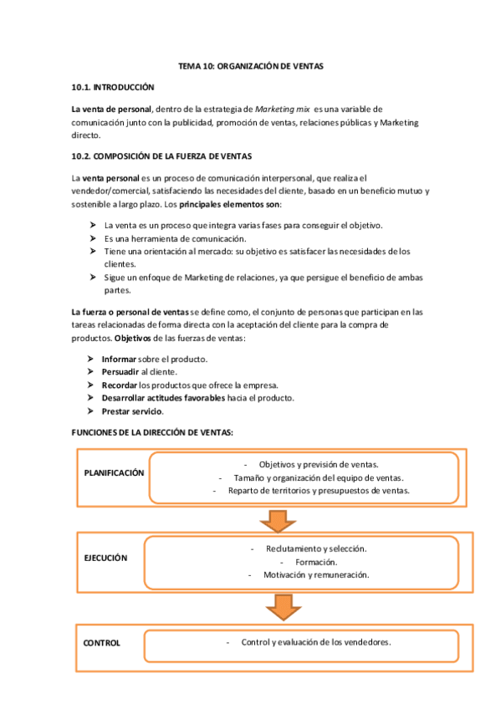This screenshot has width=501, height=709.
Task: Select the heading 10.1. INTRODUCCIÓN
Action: tap(113, 87)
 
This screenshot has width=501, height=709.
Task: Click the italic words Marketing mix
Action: tap(283, 110)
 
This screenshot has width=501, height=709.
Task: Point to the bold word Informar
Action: tap(119, 359)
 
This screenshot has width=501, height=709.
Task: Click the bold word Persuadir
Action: tap(120, 372)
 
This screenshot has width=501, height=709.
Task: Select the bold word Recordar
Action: tap(120, 385)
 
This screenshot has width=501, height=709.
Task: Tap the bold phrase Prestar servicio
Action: tap(132, 411)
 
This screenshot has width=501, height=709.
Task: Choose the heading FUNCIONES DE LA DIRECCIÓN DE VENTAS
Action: tap(152, 432)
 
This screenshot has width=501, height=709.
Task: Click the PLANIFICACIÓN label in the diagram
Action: tap(114, 472)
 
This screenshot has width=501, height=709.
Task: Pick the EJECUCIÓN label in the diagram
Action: tap(106, 558)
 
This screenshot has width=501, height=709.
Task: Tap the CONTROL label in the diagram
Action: tap(102, 643)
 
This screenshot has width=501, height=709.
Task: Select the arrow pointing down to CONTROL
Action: tap(284, 606)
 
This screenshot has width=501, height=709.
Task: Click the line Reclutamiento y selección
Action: tap(316, 548)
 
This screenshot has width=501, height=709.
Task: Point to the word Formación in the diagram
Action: tap(316, 562)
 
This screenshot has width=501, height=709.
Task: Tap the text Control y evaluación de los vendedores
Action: tap(316, 642)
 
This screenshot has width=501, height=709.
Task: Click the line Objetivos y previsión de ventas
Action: tap(318, 464)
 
